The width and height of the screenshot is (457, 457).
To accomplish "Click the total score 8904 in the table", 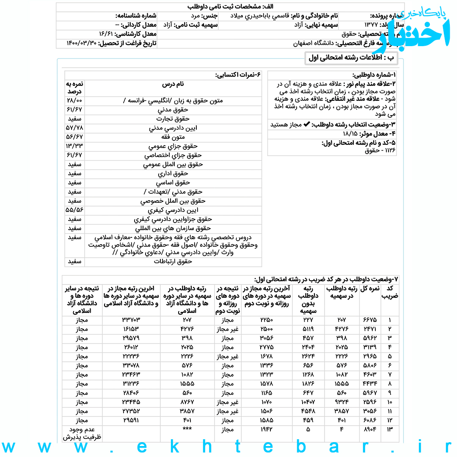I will click(x=369, y=429).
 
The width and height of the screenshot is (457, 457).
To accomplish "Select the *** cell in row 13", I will click(x=187, y=429).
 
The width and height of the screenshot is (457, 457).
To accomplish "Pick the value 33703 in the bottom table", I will click(x=131, y=320).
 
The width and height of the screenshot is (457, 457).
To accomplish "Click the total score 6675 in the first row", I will click(x=369, y=320).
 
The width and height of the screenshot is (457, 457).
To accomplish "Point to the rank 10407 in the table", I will click(x=308, y=402).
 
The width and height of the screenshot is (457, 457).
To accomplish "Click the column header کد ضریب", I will click(x=390, y=292).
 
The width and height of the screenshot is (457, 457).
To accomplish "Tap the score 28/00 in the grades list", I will click(x=74, y=101).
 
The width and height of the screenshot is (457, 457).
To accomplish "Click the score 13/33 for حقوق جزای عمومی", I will click(x=74, y=146).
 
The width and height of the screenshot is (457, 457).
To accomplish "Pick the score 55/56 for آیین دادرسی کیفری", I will click(x=74, y=210).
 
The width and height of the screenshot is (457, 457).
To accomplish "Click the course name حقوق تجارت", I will click(x=173, y=119).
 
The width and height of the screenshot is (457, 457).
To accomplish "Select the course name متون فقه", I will click(x=173, y=137).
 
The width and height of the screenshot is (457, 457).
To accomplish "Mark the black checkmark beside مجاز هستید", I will click(x=307, y=125).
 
